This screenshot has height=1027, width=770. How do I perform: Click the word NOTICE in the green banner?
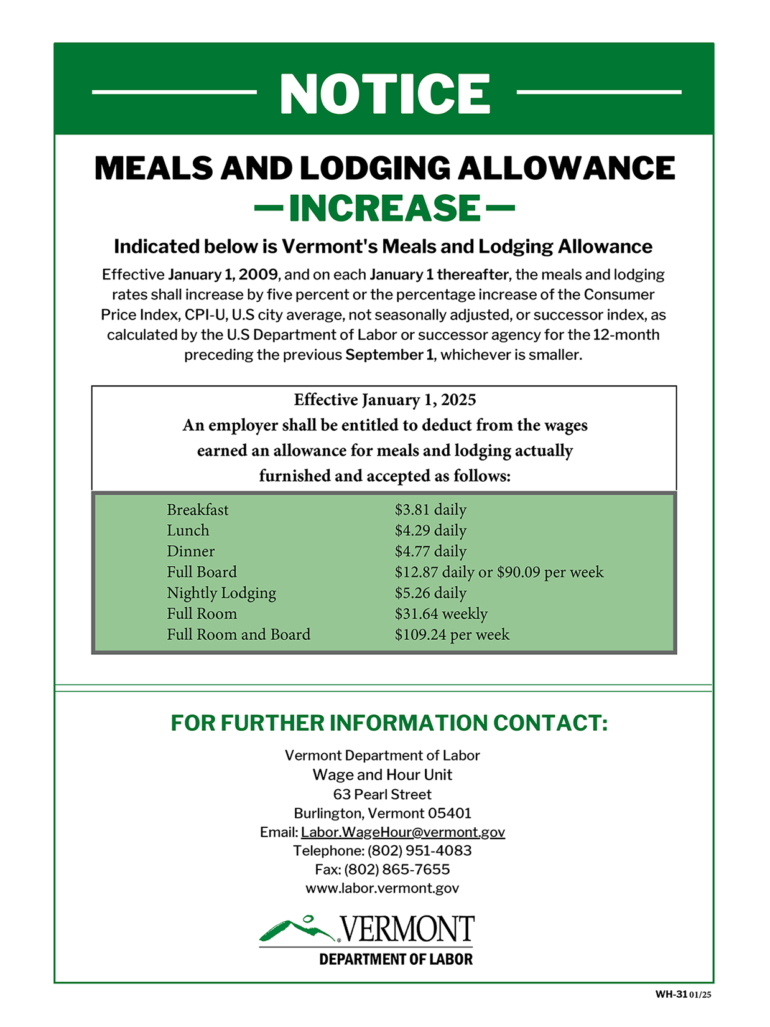point(385,94)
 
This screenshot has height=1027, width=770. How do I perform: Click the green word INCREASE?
point(385,209)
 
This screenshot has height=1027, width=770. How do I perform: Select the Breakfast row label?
point(198,510)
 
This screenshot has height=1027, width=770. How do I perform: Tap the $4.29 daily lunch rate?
point(430,531)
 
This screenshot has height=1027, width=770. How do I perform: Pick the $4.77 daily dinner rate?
point(430,551)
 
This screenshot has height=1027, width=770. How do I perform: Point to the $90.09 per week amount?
point(550,573)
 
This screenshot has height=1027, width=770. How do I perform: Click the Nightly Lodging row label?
point(221,593)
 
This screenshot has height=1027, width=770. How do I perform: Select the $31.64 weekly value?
point(441,614)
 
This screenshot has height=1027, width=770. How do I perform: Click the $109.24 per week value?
point(452,635)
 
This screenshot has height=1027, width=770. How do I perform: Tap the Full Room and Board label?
point(238,635)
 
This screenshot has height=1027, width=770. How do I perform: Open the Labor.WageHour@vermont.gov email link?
point(403,832)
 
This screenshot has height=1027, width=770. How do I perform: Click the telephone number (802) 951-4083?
point(420,851)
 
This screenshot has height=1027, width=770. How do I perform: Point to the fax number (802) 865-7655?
point(397,870)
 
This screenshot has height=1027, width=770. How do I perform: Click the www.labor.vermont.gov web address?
point(383,888)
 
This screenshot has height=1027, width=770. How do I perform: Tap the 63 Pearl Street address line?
point(383,795)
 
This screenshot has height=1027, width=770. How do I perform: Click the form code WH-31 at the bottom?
point(670,995)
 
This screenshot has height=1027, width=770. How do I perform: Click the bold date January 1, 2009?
point(223,275)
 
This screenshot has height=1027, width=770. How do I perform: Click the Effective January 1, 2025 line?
point(385,400)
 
